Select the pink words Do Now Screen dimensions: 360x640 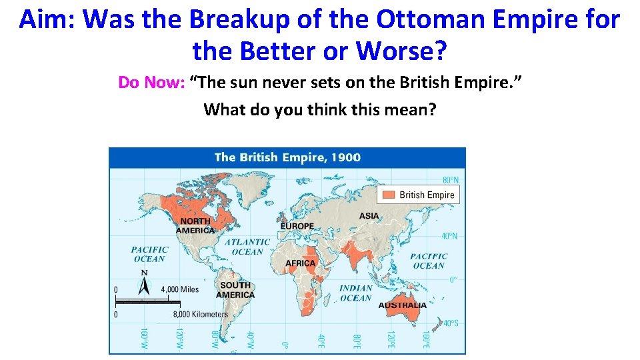coord(151,83)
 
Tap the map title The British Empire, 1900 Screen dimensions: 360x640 coord(287,158)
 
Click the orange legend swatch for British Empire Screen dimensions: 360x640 coord(388,195)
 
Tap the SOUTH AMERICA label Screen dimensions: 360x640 coord(235,290)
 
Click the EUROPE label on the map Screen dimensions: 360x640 coord(297,226)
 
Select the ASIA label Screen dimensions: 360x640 coord(369,216)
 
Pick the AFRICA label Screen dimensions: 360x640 coord(301,263)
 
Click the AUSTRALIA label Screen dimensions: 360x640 coord(403,305)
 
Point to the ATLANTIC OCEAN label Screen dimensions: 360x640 coord(247,247)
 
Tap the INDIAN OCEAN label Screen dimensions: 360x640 coord(355,293)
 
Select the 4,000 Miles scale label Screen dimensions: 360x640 coord(180,289)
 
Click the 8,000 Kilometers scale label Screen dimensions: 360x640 coord(201,314)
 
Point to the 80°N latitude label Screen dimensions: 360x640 coord(451,180)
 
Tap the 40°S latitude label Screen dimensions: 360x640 coord(451,323)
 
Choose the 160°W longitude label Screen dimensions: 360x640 coord(143,337)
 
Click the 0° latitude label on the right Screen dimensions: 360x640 coord(453,280)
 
